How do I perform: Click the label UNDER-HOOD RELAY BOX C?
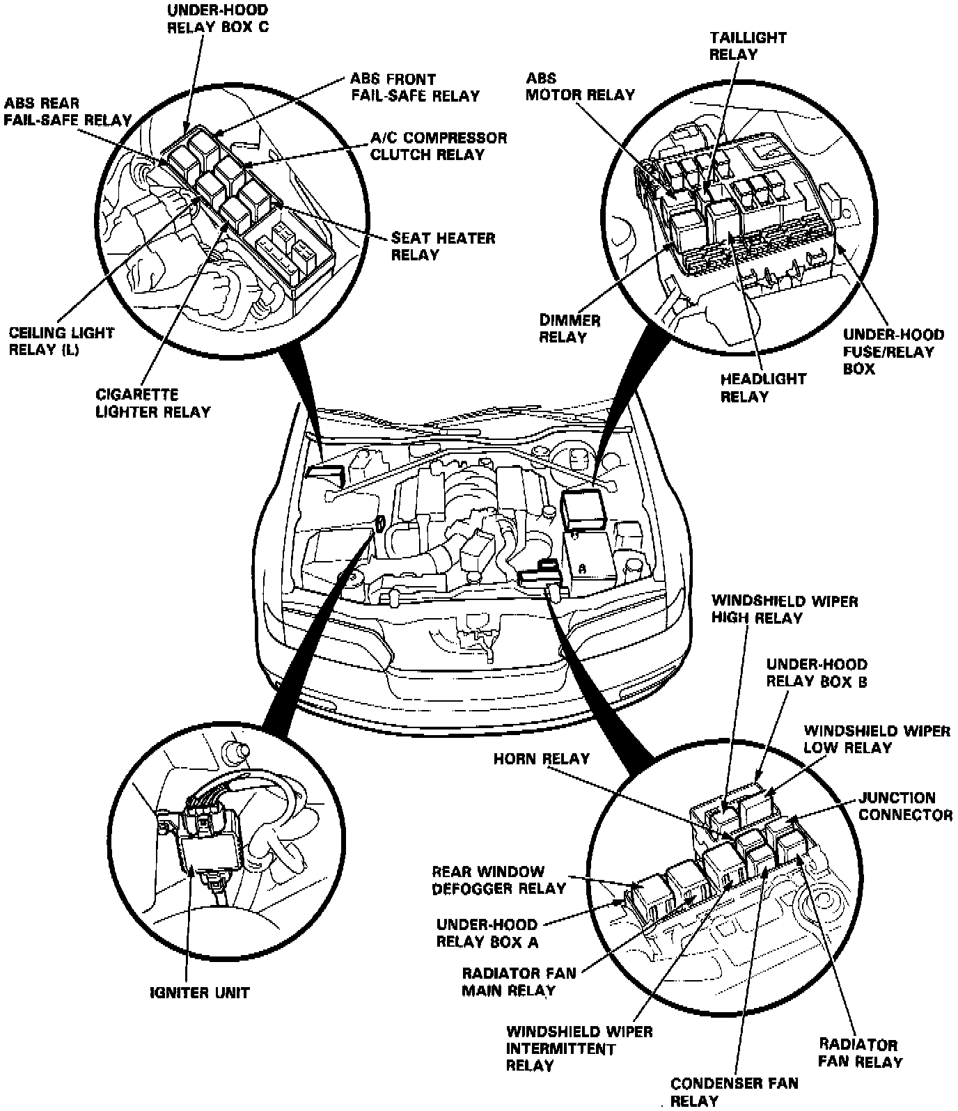pyautogui.click(x=217, y=19)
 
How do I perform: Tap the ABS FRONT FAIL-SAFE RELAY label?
pyautogui.click(x=415, y=87)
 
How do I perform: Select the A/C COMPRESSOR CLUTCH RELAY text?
pyautogui.click(x=438, y=145)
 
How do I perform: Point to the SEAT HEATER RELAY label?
pyautogui.click(x=443, y=246)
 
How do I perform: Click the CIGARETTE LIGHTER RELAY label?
pyautogui.click(x=153, y=403)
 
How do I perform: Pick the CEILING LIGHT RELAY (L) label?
pyautogui.click(x=61, y=341)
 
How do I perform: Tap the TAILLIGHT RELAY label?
pyautogui.click(x=748, y=45)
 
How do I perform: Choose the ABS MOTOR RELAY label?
pyautogui.click(x=580, y=86)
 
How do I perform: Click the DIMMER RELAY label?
pyautogui.click(x=570, y=329)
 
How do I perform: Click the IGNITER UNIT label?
pyautogui.click(x=199, y=993)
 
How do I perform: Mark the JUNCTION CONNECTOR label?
pyautogui.click(x=905, y=806)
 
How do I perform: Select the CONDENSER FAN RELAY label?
pyautogui.click(x=734, y=1092)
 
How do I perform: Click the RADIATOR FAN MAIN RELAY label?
pyautogui.click(x=519, y=981)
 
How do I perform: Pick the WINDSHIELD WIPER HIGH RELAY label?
pyautogui.click(x=785, y=608)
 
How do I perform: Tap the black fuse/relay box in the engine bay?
pyautogui.click(x=586, y=508)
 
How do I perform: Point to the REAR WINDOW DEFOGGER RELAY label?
pyautogui.click(x=498, y=880)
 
